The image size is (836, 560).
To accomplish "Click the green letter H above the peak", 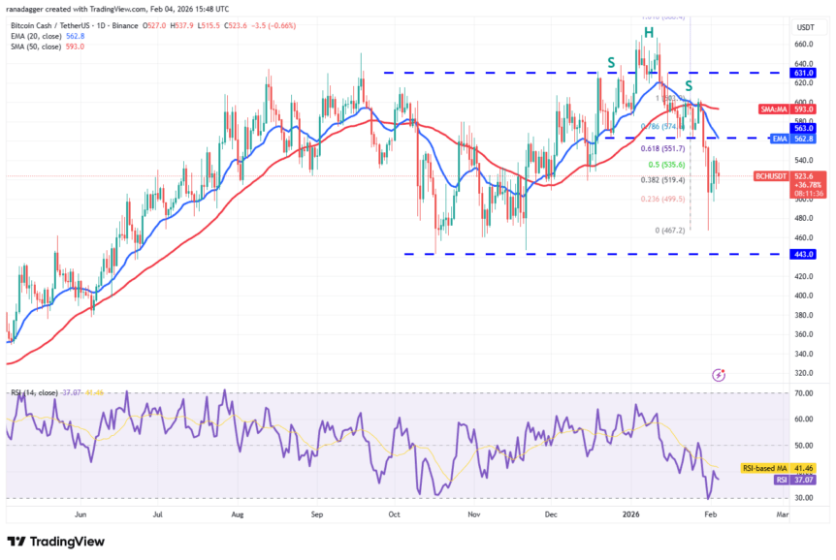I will (x=647, y=33).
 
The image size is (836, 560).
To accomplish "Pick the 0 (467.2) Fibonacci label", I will (x=669, y=230).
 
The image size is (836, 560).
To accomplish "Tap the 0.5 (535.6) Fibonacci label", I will (x=667, y=164).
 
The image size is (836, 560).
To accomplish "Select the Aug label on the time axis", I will (x=239, y=515).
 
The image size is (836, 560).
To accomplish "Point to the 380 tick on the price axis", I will (x=802, y=315).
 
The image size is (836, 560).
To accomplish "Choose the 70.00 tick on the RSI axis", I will (x=802, y=394).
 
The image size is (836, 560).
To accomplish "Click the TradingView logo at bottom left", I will (x=55, y=542).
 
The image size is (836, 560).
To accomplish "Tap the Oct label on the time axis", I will (x=394, y=515).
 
